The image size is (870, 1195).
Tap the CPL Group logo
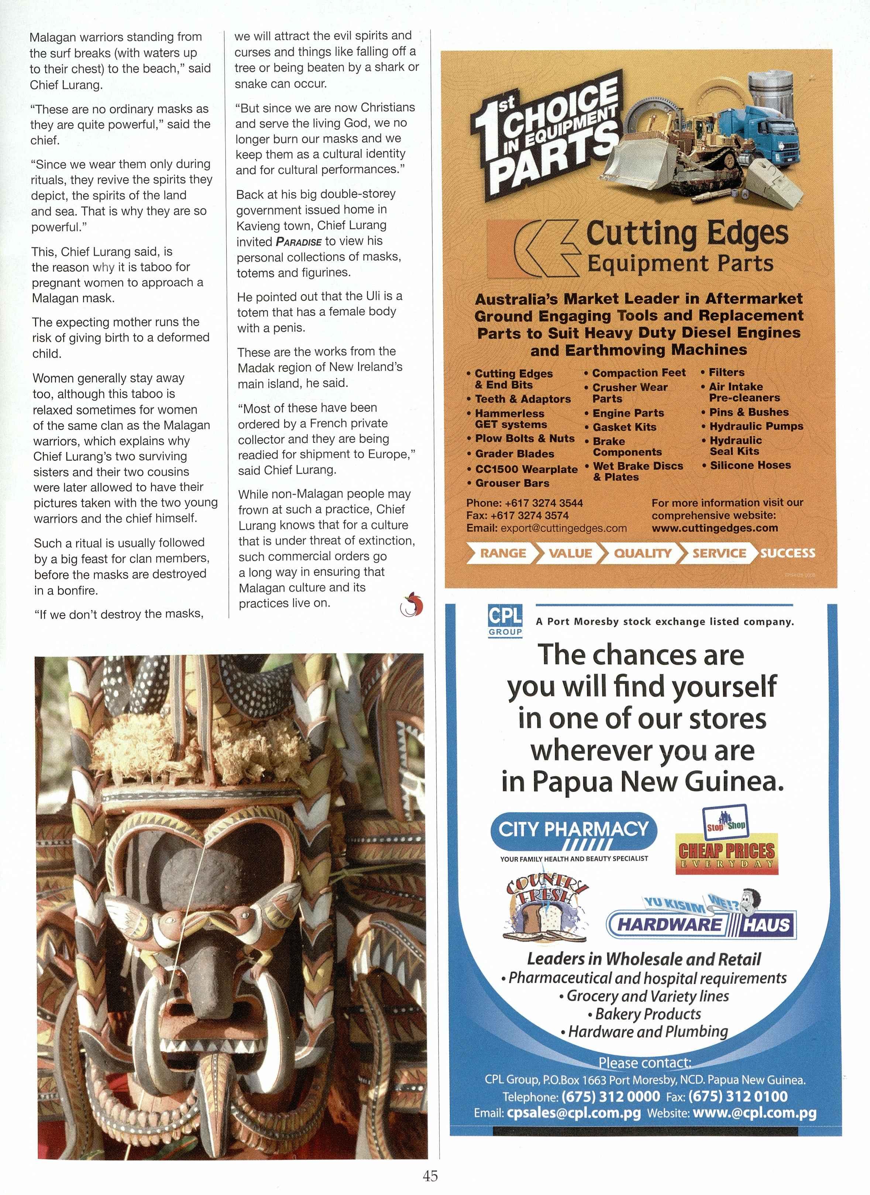(x=505, y=621)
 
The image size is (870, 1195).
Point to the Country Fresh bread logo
(x=546, y=907)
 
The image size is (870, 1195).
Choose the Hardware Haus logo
(x=701, y=923)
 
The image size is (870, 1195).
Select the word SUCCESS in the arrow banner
(x=787, y=553)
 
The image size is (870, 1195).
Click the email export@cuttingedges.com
(x=563, y=528)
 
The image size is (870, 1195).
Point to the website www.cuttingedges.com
(x=715, y=528)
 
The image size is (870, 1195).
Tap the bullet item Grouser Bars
(x=512, y=483)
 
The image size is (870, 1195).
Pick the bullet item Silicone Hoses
(x=750, y=465)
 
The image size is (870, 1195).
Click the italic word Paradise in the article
(x=298, y=242)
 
